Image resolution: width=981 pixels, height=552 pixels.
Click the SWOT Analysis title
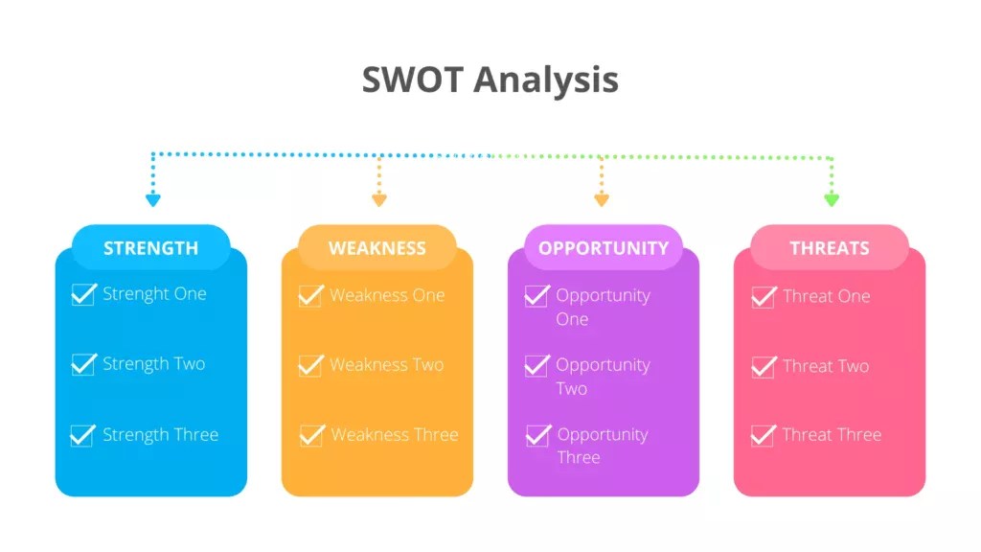point(490,80)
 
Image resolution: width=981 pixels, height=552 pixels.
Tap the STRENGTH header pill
point(151,247)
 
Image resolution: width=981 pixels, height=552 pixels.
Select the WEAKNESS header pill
point(377,247)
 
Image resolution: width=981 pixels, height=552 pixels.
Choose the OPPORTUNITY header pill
point(604,247)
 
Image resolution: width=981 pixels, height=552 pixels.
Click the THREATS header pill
point(830,247)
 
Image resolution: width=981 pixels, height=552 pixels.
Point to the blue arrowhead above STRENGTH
point(153,199)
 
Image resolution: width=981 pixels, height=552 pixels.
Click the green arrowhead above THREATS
point(832,199)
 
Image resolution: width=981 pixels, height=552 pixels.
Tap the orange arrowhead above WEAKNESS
point(379,199)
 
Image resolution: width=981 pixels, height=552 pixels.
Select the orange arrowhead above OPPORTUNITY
point(602,199)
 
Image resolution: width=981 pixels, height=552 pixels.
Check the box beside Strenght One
point(83,294)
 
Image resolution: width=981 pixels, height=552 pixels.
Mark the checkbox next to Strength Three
point(82,435)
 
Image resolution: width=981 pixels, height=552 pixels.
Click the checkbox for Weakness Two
point(310,365)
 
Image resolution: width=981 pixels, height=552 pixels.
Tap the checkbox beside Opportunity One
point(536,296)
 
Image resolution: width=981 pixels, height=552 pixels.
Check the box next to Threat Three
point(763,435)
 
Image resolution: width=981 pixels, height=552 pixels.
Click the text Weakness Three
point(395,435)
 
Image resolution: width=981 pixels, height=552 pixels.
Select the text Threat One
point(827,296)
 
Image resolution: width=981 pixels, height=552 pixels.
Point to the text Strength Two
point(154,364)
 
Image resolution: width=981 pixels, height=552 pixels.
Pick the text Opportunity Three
point(603,446)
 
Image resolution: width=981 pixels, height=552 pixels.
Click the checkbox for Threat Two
point(763,366)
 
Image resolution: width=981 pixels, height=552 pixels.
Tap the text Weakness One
point(387,295)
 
